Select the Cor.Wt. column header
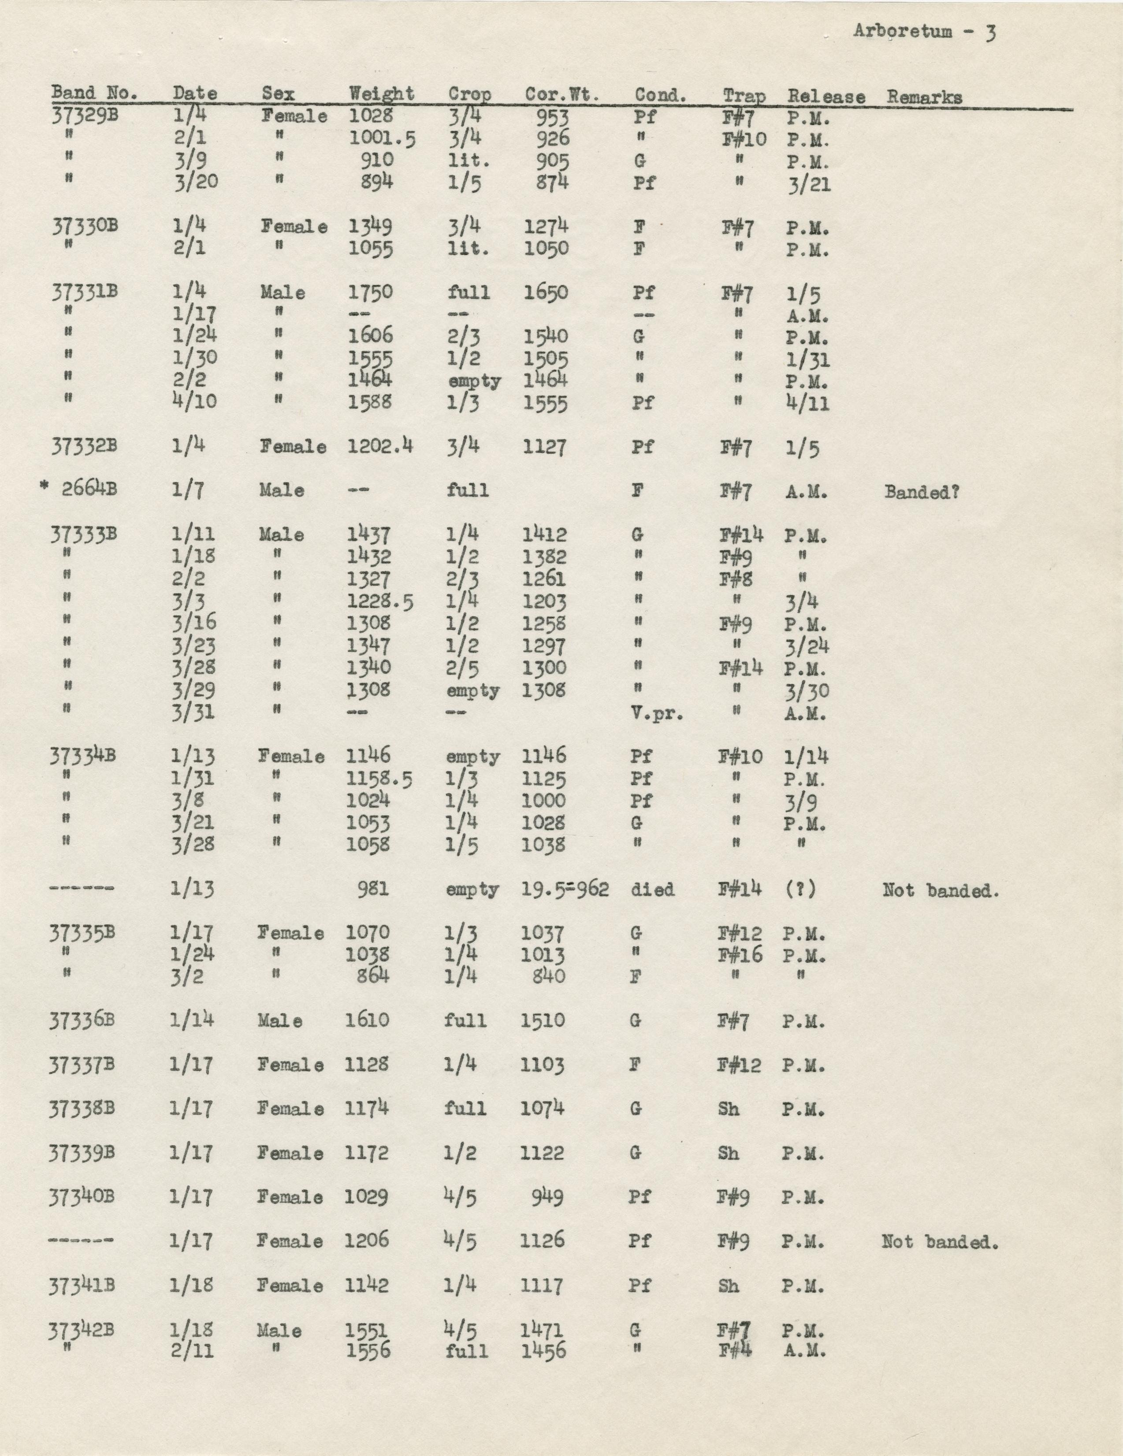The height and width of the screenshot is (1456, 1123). [x=561, y=95]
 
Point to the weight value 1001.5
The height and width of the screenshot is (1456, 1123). [x=382, y=139]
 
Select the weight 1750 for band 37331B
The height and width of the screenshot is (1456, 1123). [x=371, y=292]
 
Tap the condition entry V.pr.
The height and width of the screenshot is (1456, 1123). [x=657, y=713]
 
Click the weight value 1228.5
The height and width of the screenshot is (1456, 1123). [x=379, y=602]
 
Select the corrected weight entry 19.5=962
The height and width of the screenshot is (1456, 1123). [x=565, y=889]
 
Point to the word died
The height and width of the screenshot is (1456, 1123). [x=652, y=889]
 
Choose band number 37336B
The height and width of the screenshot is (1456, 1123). [x=82, y=1020]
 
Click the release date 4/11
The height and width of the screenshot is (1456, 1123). [x=807, y=403]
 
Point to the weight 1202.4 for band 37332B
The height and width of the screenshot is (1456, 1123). [x=380, y=446]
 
